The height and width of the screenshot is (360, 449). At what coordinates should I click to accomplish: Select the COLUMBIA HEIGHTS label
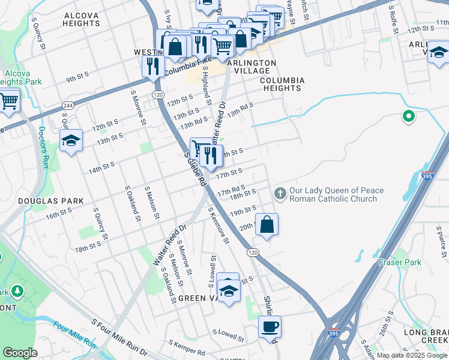(x=282, y=84)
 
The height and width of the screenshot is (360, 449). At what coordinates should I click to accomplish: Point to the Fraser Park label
(x=400, y=262)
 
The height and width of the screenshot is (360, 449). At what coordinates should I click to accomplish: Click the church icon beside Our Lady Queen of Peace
(x=279, y=193)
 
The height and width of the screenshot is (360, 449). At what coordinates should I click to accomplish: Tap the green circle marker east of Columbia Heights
(x=409, y=117)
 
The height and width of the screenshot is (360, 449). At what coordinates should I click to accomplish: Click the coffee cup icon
(x=270, y=326)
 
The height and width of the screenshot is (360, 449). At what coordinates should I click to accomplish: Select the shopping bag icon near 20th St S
(x=267, y=224)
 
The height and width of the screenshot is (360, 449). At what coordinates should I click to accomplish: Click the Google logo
(x=20, y=353)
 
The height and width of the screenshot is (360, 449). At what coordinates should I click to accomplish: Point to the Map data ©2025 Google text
(x=411, y=355)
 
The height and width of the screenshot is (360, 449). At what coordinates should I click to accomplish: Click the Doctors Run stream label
(x=43, y=146)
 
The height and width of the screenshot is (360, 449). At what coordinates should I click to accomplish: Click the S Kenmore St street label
(x=219, y=225)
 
